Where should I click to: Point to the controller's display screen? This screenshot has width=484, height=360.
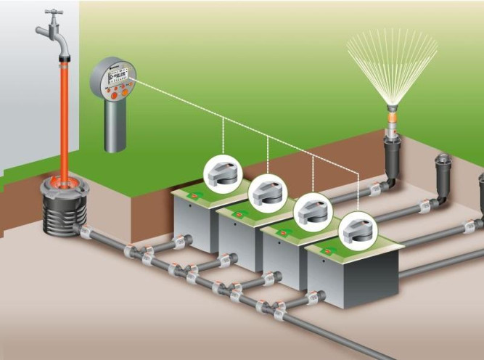pyautogui.click(x=117, y=73)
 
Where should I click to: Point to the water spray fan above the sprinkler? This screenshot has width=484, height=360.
pyautogui.click(x=392, y=62)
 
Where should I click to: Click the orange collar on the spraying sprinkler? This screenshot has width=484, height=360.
pyautogui.click(x=392, y=114)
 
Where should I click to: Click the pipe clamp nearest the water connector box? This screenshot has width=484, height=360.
pyautogui.click(x=85, y=234)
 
